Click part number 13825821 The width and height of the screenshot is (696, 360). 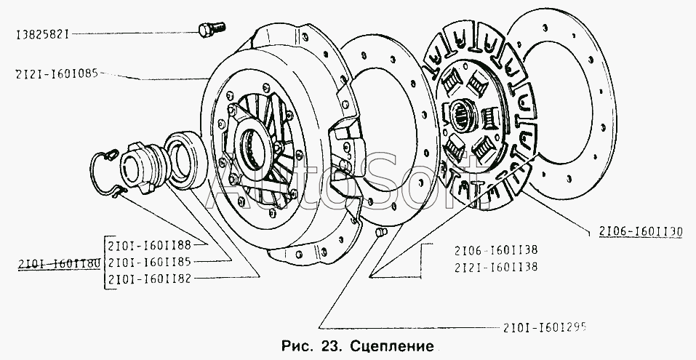click(44, 33)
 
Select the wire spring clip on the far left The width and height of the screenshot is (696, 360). click(105, 174)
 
